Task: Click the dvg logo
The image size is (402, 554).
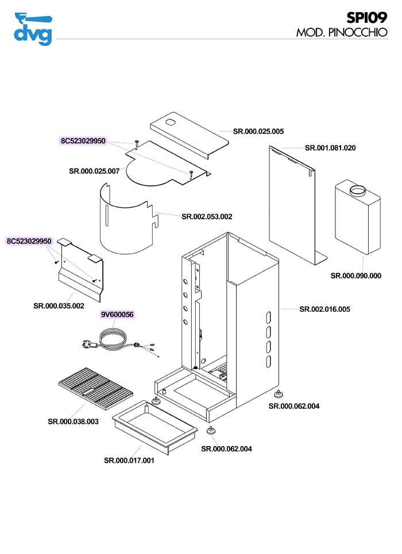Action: point(33,29)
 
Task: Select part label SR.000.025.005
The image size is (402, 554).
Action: point(258,131)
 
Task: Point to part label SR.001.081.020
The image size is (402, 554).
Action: point(330,148)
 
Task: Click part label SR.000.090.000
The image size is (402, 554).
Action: point(355,276)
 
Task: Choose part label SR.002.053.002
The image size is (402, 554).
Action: point(207,216)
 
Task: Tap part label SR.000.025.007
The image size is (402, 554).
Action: point(94,171)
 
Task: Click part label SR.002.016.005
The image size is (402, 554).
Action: point(324,309)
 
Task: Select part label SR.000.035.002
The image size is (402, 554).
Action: point(59,305)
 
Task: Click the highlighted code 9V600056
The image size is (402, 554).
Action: point(117,315)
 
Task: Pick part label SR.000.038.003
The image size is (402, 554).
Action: point(73,421)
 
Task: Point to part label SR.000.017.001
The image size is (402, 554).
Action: point(129,460)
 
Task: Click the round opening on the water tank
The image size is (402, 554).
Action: point(357,190)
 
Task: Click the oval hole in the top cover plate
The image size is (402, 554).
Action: point(171,122)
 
